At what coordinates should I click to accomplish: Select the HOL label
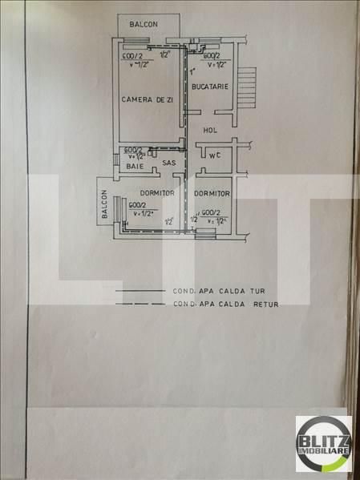tap(211, 130)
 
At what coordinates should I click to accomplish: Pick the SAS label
tap(168, 163)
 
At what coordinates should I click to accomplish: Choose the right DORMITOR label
tap(212, 194)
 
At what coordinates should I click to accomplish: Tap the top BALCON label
tap(143, 24)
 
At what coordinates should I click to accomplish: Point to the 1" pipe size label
tap(192, 71)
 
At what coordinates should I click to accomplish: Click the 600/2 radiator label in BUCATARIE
tap(212, 57)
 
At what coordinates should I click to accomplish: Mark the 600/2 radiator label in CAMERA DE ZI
tap(132, 57)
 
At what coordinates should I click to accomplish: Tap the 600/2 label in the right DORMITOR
tap(212, 212)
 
